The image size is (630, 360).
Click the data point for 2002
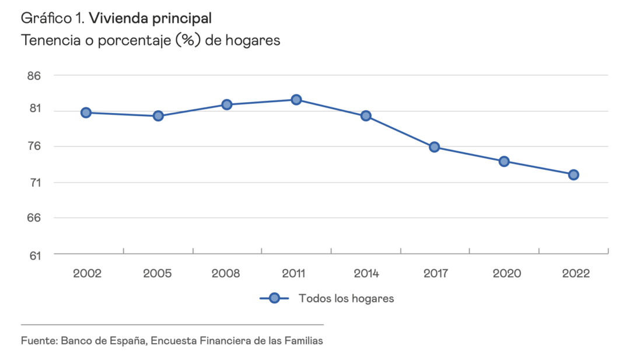(86, 113)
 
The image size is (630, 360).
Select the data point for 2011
(296, 100)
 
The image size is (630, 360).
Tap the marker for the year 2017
(434, 147)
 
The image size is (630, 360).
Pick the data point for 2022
(573, 174)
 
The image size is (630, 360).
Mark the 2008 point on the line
(227, 104)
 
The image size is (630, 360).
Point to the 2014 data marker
(366, 116)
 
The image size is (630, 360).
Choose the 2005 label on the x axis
(157, 273)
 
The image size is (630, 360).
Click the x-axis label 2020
(504, 273)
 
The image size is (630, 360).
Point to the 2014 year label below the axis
(366, 273)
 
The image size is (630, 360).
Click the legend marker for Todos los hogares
(274, 298)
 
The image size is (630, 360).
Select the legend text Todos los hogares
(346, 298)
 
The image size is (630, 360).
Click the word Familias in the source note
(303, 340)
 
